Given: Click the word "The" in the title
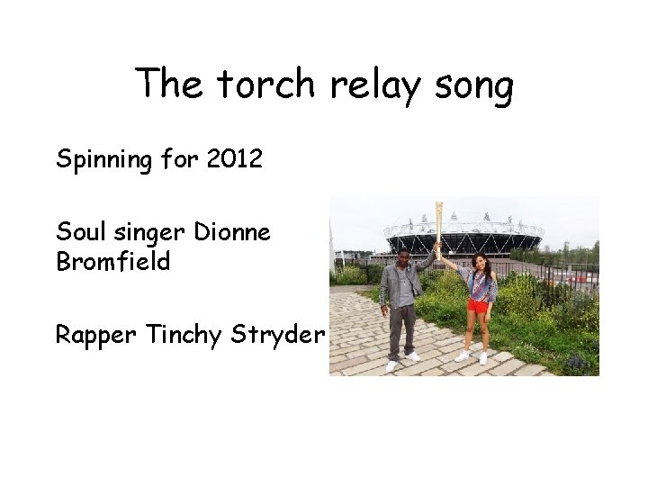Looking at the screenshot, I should click(x=172, y=85).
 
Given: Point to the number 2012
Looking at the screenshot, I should click(x=234, y=159).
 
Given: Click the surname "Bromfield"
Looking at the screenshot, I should click(x=112, y=262).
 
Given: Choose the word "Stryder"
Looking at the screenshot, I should click(x=277, y=336).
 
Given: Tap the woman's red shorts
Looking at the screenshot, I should click(x=478, y=305).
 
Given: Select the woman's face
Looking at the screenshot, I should click(x=478, y=262).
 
